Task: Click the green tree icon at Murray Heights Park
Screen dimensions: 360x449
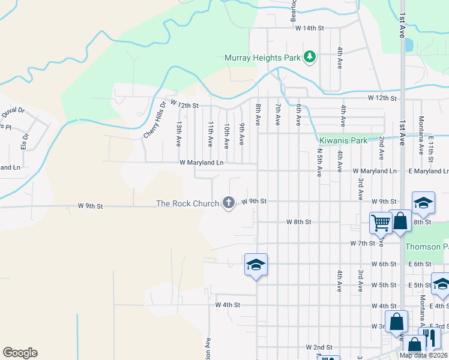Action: point(310,58)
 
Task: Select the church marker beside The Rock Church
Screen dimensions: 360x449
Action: point(228,203)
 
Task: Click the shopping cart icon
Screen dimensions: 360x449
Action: point(381,223)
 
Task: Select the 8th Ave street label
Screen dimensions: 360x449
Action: point(258,113)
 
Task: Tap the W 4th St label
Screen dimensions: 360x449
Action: point(228,305)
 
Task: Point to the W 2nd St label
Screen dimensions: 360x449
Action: point(319,347)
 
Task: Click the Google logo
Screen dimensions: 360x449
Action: point(20,353)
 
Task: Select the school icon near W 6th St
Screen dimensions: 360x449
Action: point(256,265)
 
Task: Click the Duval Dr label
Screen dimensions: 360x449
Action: point(13,110)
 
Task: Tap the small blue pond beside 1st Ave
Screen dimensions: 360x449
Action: point(409,44)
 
